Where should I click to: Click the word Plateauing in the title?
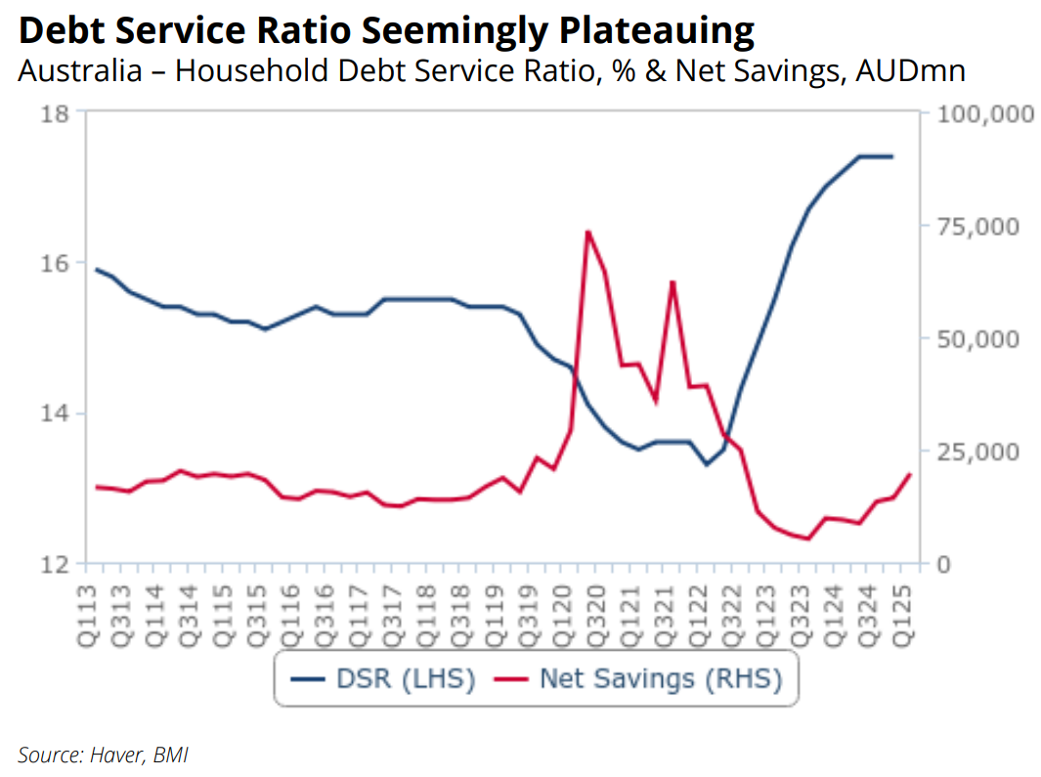(x=656, y=32)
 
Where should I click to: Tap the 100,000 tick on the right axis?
(x=984, y=113)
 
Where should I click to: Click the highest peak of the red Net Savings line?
(x=586, y=232)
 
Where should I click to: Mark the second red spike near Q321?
(x=672, y=281)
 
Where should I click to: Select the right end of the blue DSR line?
(x=891, y=156)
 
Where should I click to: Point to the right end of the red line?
(x=910, y=474)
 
